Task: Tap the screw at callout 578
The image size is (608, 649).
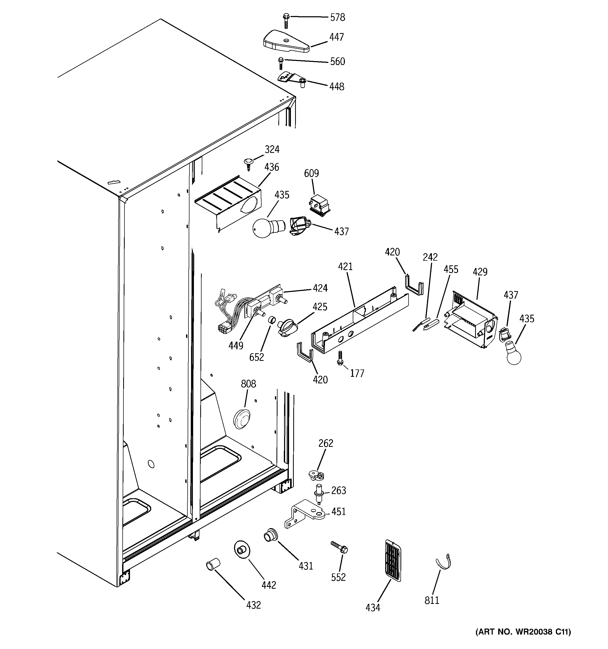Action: tap(286, 20)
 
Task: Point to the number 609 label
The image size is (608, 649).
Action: tap(311, 173)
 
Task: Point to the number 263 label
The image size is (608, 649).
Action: tap(338, 490)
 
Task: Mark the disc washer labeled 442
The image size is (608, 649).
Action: tap(242, 550)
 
